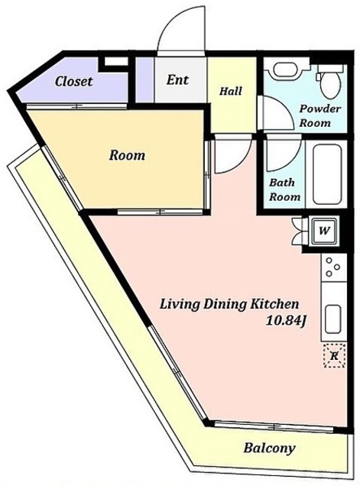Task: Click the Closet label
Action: point(73,82)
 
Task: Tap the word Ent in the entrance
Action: point(177,79)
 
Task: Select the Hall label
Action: point(231,91)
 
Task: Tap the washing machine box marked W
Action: point(324,231)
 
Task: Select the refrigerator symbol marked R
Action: point(334,355)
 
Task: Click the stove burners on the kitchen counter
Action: point(332,267)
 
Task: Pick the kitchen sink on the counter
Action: point(332,319)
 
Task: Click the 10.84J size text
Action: point(285,321)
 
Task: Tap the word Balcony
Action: point(269,449)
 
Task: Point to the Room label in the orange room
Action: point(127,155)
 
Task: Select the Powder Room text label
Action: point(319,115)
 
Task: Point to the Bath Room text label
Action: point(284,189)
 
